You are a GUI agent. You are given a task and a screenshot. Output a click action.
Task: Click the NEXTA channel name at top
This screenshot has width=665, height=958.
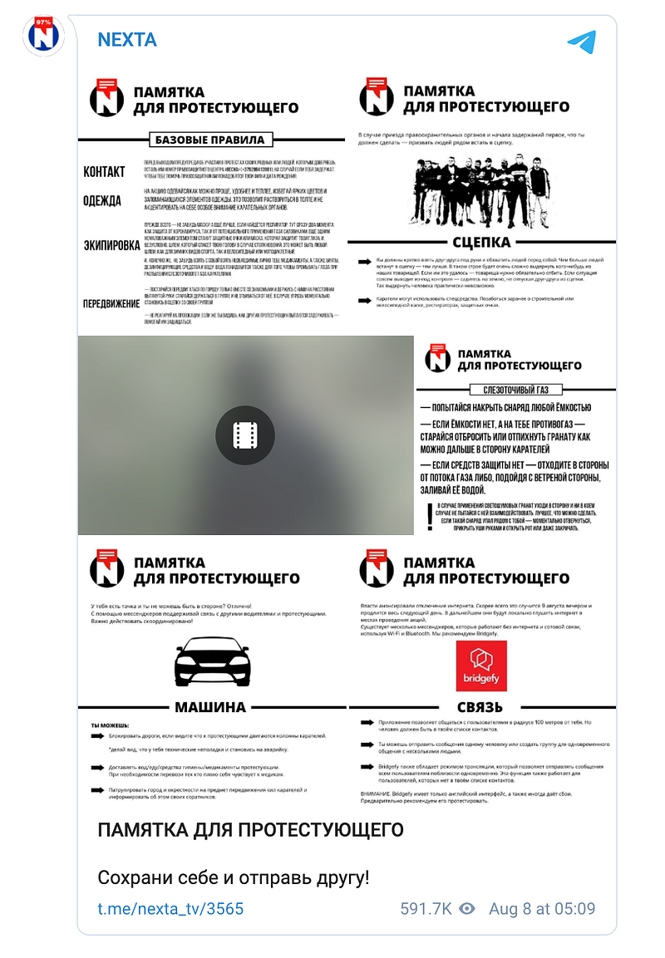pyautogui.click(x=126, y=40)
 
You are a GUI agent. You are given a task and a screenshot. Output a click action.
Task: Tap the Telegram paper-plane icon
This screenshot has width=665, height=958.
pyautogui.click(x=581, y=42)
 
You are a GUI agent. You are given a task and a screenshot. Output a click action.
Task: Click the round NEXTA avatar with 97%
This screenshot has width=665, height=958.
pyautogui.click(x=44, y=36)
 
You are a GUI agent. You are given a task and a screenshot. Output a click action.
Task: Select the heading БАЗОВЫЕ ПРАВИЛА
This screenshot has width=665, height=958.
pyautogui.click(x=210, y=140)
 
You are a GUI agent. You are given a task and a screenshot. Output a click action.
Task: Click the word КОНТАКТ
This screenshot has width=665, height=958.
pyautogui.click(x=104, y=172)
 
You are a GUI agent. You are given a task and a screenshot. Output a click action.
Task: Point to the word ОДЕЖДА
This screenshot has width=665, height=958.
pyautogui.click(x=102, y=201)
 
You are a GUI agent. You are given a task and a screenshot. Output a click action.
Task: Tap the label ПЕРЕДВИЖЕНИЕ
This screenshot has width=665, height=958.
pyautogui.click(x=111, y=303)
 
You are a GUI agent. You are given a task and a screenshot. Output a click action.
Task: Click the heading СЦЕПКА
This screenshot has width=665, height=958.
pyautogui.click(x=481, y=243)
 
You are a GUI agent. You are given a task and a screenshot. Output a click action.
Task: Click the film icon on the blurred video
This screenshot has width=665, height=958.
pyautogui.click(x=244, y=435)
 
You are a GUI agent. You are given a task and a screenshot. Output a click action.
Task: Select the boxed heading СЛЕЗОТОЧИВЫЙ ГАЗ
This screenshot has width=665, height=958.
pyautogui.click(x=516, y=390)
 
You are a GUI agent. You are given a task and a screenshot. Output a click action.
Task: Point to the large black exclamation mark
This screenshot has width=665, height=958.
pyautogui.click(x=428, y=516)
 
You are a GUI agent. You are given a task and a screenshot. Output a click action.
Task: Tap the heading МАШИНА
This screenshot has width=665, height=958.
pyautogui.click(x=210, y=707)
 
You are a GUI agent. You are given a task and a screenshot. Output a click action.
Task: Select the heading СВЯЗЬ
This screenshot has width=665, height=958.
pyautogui.click(x=480, y=707)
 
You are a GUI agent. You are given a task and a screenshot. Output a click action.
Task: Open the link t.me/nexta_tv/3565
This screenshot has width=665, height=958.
pyautogui.click(x=170, y=908)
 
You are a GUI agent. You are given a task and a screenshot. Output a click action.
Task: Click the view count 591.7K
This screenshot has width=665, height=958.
pyautogui.click(x=426, y=908)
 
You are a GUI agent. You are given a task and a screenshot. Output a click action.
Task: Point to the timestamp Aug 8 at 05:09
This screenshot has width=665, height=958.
pyautogui.click(x=542, y=908)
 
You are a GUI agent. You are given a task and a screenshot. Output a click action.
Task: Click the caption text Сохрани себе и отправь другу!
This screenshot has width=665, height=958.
pyautogui.click(x=233, y=877)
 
